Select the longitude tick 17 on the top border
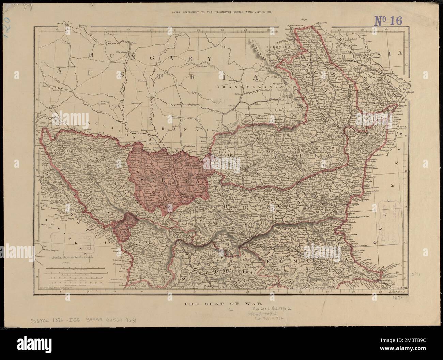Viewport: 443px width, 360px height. click(x=80, y=30)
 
